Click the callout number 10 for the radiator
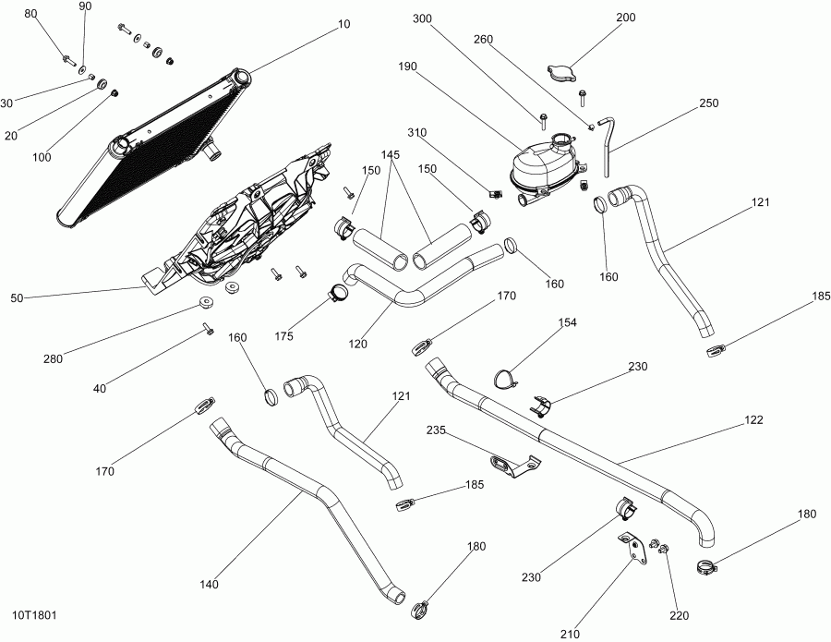tap(343, 24)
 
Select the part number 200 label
tap(626, 18)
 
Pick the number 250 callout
tap(708, 103)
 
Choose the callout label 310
tap(417, 132)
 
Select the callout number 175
tap(283, 336)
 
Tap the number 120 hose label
tap(358, 344)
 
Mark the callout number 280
tap(52, 359)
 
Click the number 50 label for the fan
tap(17, 297)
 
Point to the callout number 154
tap(567, 322)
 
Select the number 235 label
tap(436, 430)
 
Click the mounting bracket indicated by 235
tap(510, 464)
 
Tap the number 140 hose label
tap(210, 585)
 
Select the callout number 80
tap(30, 14)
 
